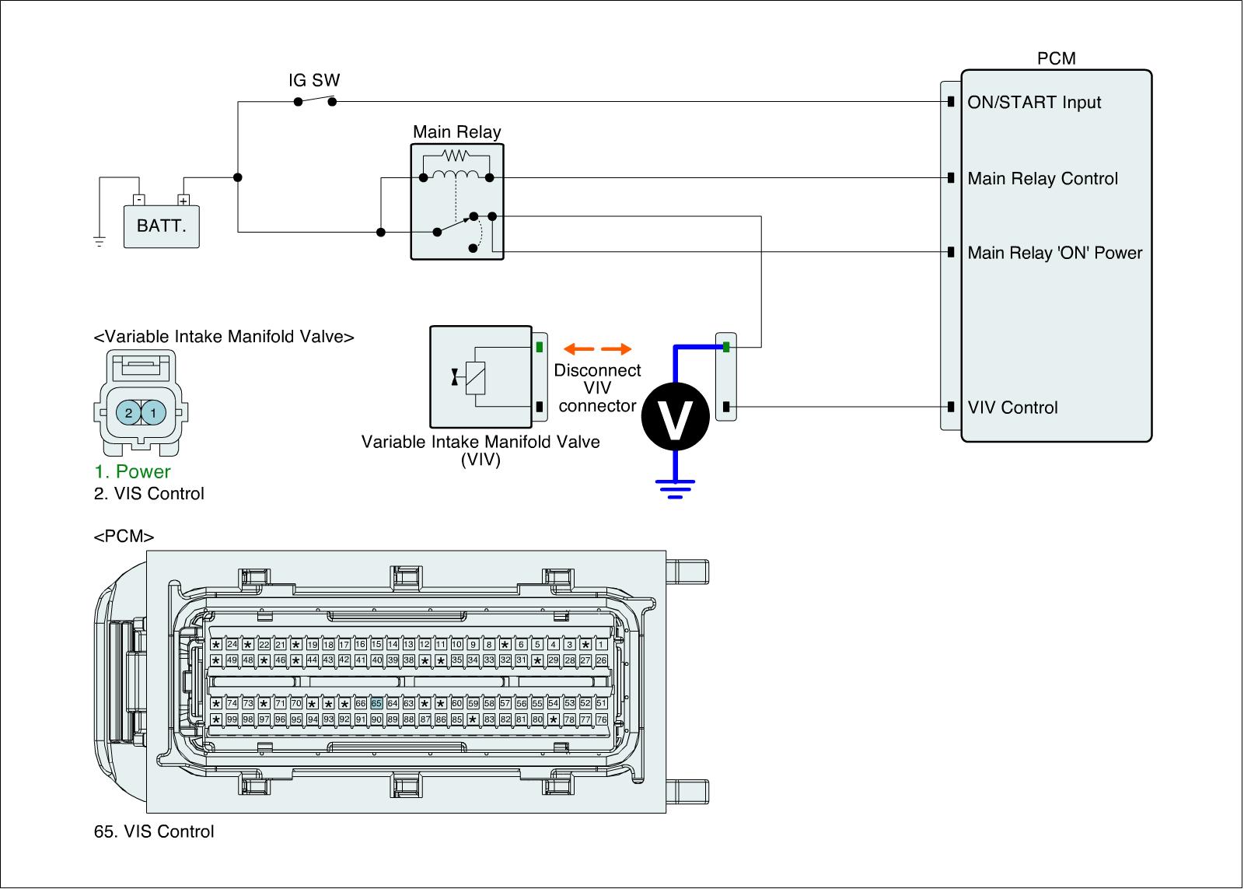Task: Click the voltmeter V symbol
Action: point(675,417)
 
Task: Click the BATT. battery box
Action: point(162,226)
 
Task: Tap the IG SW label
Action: point(314,81)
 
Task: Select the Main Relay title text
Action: point(456,132)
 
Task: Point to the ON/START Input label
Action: point(1034,103)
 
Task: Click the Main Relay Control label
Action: point(1043,179)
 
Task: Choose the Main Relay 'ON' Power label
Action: point(1055,253)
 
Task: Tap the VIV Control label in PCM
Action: point(1012,408)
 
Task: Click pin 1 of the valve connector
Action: point(154,413)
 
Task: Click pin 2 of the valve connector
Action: point(129,413)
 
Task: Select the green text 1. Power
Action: point(132,471)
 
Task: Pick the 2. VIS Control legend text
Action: point(149,493)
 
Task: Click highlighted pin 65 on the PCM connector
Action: point(376,703)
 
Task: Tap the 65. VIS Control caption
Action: point(154,831)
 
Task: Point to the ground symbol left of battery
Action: point(99,241)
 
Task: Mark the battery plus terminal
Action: point(183,200)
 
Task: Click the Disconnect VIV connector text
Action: point(597,387)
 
